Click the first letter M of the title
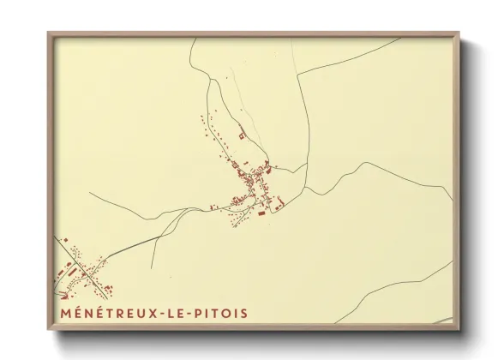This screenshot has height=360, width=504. click(65, 313)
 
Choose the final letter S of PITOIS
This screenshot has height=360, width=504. click(243, 313)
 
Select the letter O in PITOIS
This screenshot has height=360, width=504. click(231, 313)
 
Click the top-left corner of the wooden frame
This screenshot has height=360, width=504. click(47, 33)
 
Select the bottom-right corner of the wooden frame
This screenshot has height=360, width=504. click(459, 331)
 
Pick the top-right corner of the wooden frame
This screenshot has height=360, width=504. click(459, 33)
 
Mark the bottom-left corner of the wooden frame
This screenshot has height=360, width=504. click(47, 331)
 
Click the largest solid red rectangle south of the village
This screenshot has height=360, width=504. click(262, 213)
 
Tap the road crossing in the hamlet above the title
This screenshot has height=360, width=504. click(86, 272)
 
